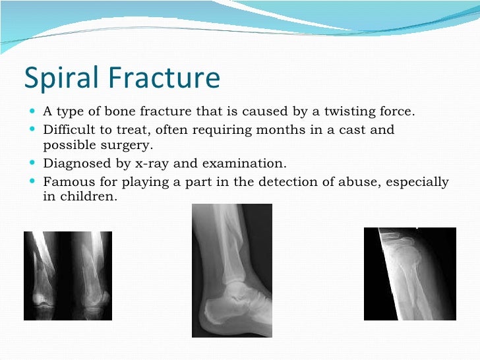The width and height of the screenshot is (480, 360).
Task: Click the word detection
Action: (264, 182)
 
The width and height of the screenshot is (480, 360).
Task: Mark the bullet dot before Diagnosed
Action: (33, 164)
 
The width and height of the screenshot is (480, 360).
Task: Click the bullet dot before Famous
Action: (33, 182)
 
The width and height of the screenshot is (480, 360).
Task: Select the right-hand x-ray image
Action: (410, 273)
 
